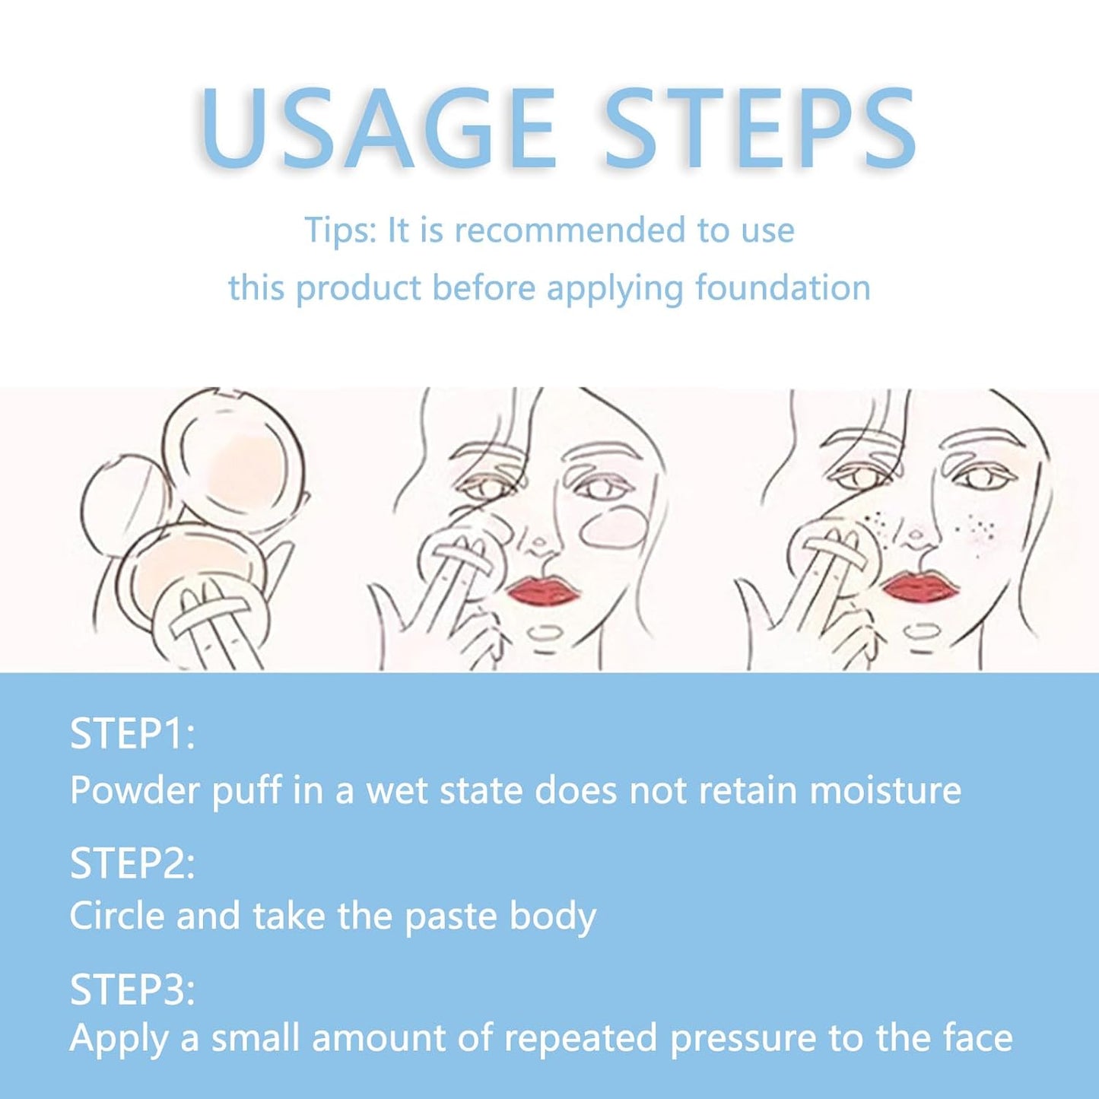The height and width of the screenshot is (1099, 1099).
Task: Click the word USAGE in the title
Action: [377, 129]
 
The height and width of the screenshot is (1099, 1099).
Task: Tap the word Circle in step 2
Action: [118, 916]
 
